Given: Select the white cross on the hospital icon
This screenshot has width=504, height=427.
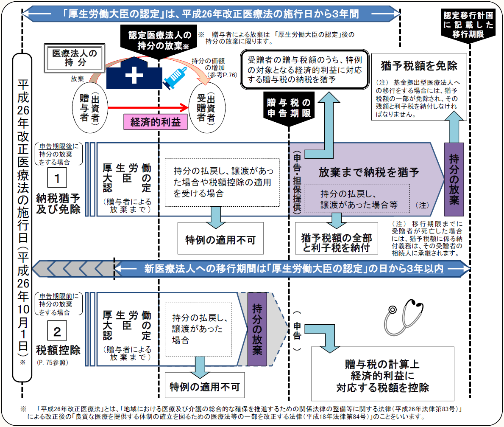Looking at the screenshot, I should pyautogui.click(x=134, y=76).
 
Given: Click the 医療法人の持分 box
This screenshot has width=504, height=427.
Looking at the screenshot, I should pyautogui.click(x=74, y=58).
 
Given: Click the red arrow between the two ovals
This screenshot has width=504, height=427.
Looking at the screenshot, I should pyautogui.click(x=148, y=107).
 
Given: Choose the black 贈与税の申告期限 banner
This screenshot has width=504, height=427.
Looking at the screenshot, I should pyautogui.click(x=289, y=108).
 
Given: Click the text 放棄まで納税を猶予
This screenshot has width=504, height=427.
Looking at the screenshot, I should pyautogui.click(x=369, y=172).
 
